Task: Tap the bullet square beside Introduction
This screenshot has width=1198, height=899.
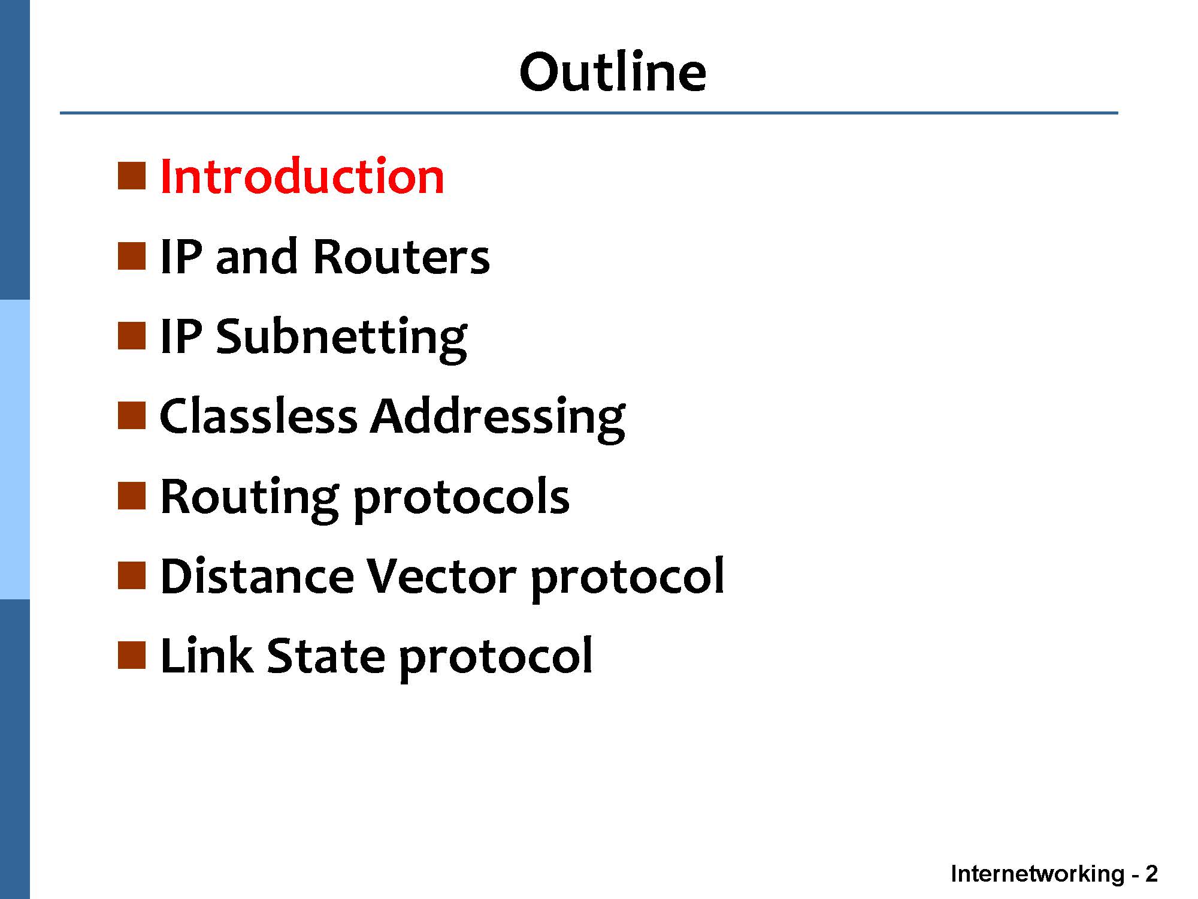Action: click(132, 176)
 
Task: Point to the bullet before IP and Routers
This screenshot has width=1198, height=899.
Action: click(132, 256)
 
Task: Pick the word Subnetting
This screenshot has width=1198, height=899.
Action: click(341, 339)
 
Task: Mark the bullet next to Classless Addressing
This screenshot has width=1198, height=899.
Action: click(132, 416)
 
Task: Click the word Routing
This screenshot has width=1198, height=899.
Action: click(249, 499)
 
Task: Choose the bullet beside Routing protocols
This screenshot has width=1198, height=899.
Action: click(132, 496)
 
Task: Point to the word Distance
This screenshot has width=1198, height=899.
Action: click(257, 576)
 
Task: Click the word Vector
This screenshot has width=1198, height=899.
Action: click(441, 576)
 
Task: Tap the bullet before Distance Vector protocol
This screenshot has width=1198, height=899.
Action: click(132, 576)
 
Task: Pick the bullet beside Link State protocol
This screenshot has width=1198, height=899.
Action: click(132, 656)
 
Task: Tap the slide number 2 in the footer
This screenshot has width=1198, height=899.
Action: click(1151, 874)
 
